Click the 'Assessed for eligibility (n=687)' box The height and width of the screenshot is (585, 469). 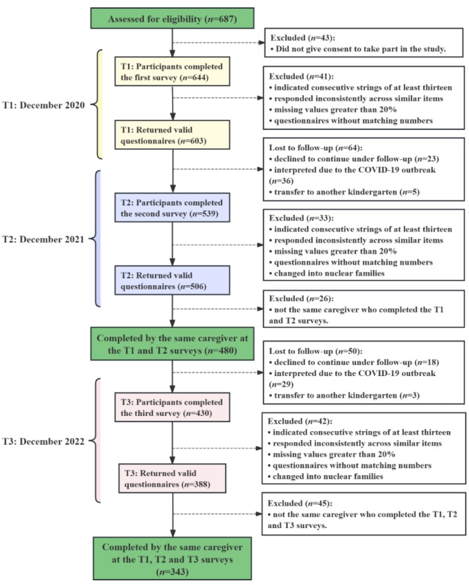tap(172, 18)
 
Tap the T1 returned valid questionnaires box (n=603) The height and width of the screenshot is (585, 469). tap(172, 135)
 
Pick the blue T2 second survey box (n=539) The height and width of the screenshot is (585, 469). tap(172, 208)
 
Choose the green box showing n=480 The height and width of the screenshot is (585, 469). tap(172, 344)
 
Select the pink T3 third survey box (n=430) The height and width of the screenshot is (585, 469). tap(172, 407)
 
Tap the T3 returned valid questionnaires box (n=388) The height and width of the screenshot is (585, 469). tap(172, 479)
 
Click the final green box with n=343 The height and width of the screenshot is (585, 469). tap(172, 559)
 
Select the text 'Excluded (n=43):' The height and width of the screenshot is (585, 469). tap(302, 38)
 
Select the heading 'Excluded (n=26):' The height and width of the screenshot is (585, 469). tap(301, 299)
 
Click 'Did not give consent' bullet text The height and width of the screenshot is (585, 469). tap(361, 49)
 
